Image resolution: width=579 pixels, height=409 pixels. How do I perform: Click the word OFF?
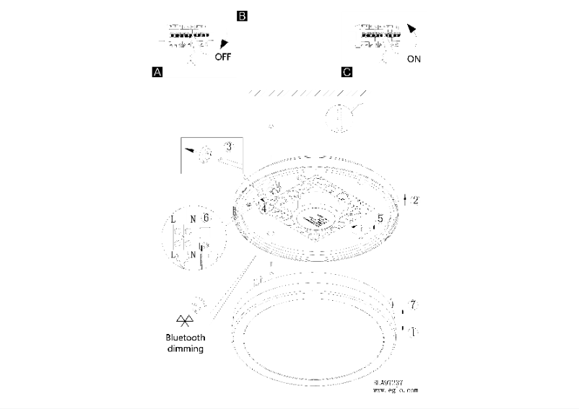[224, 58]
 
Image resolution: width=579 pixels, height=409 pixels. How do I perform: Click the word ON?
[414, 58]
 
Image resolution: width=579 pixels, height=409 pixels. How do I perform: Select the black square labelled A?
[157, 72]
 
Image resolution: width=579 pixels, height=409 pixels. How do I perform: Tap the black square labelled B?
[243, 15]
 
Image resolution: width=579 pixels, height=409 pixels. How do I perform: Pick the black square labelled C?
[347, 72]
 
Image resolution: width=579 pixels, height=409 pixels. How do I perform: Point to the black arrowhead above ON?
[412, 30]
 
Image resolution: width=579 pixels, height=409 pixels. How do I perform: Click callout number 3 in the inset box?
[229, 146]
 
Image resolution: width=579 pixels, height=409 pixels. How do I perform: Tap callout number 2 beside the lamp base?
[416, 200]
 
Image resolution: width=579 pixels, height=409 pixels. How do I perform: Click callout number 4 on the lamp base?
[265, 208]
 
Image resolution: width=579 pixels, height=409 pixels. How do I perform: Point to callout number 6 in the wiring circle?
[206, 217]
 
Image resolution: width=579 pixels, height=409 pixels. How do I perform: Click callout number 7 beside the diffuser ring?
[413, 306]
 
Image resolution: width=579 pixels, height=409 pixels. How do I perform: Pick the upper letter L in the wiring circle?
[175, 218]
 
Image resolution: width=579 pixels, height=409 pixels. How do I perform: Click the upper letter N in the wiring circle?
[192, 218]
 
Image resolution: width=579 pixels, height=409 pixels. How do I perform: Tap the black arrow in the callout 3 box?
[190, 150]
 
